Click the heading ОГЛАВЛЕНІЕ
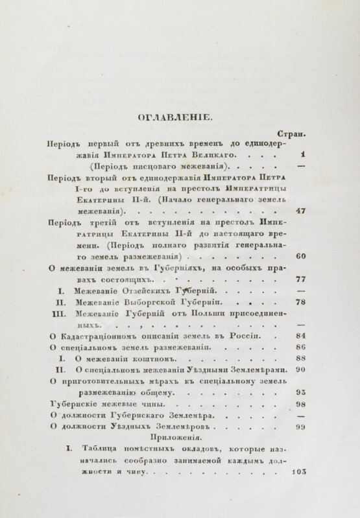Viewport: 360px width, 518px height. pyautogui.click(x=180, y=117)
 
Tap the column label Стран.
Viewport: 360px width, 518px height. pyautogui.click(x=291, y=134)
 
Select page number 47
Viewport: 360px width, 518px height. pyautogui.click(x=300, y=211)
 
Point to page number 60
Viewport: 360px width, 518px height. pyautogui.click(x=300, y=255)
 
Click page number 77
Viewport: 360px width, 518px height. pyautogui.click(x=300, y=279)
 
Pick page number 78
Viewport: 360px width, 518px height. pyautogui.click(x=300, y=301)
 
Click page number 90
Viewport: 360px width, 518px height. pyautogui.click(x=300, y=370)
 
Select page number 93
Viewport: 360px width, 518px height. pyautogui.click(x=300, y=392)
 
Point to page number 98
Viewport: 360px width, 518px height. pyautogui.click(x=300, y=404)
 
